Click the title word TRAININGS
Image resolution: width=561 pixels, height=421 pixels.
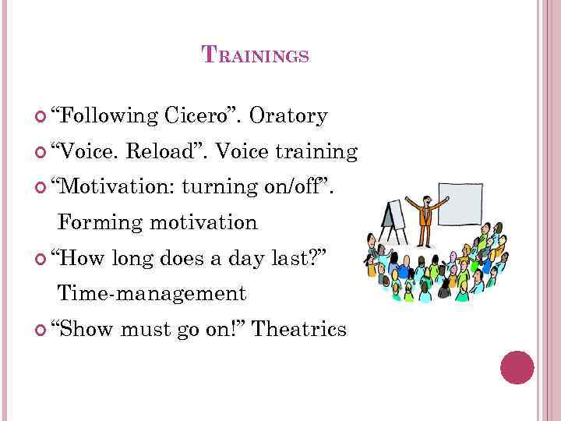(256, 55)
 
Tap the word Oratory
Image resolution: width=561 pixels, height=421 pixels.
(288, 116)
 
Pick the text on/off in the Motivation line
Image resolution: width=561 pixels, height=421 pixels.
(298, 187)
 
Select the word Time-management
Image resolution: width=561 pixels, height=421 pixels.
(152, 294)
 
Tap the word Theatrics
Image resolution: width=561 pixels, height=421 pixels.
(299, 330)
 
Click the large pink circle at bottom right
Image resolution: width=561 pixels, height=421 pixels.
(517, 367)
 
